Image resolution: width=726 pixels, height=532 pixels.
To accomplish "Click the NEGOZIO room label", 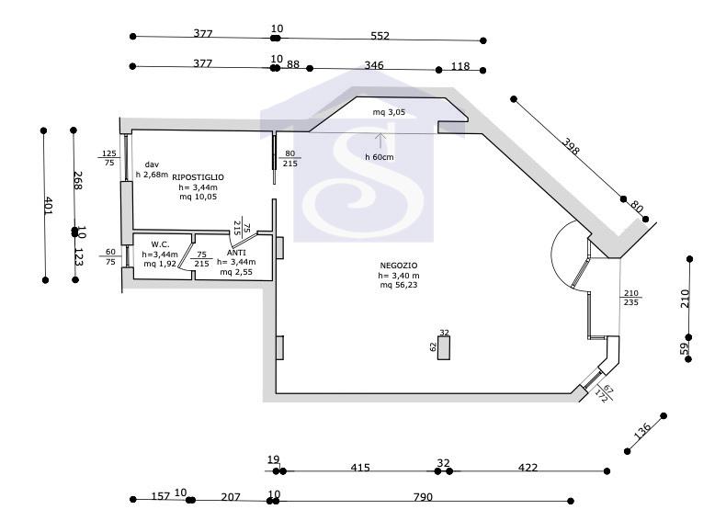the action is click(398, 266).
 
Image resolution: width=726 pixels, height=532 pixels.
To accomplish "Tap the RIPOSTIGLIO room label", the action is click(198, 176).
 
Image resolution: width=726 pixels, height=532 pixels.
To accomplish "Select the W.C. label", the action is click(160, 244).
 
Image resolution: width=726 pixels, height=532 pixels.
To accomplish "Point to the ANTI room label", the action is click(236, 253).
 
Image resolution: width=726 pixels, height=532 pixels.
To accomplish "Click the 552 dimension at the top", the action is click(380, 36).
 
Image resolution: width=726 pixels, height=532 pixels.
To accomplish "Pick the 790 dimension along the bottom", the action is click(423, 497).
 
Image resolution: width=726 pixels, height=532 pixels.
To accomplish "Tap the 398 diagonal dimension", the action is click(571, 146).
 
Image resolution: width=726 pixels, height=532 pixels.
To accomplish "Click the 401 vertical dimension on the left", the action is click(48, 205).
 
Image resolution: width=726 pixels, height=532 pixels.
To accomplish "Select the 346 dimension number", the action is click(374, 65).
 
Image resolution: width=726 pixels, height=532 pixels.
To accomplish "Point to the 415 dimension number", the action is click(359, 467).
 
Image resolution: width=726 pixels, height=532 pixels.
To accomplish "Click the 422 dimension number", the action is click(527, 467).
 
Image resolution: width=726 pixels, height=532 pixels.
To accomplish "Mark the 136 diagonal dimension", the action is click(641, 431).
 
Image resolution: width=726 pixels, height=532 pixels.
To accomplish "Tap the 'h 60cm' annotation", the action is click(380, 157).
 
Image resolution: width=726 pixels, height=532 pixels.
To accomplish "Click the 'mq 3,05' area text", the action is click(389, 112).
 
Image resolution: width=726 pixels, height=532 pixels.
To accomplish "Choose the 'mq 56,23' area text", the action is click(399, 285).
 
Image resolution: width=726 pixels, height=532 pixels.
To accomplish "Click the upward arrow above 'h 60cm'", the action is click(380, 141).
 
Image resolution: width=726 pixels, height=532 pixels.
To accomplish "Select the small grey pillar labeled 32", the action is click(444, 347).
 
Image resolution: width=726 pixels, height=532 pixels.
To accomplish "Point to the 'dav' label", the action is click(152, 164).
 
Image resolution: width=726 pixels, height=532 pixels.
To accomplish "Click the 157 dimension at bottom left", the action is click(161, 496).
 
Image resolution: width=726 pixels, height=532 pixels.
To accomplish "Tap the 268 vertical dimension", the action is click(78, 181).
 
